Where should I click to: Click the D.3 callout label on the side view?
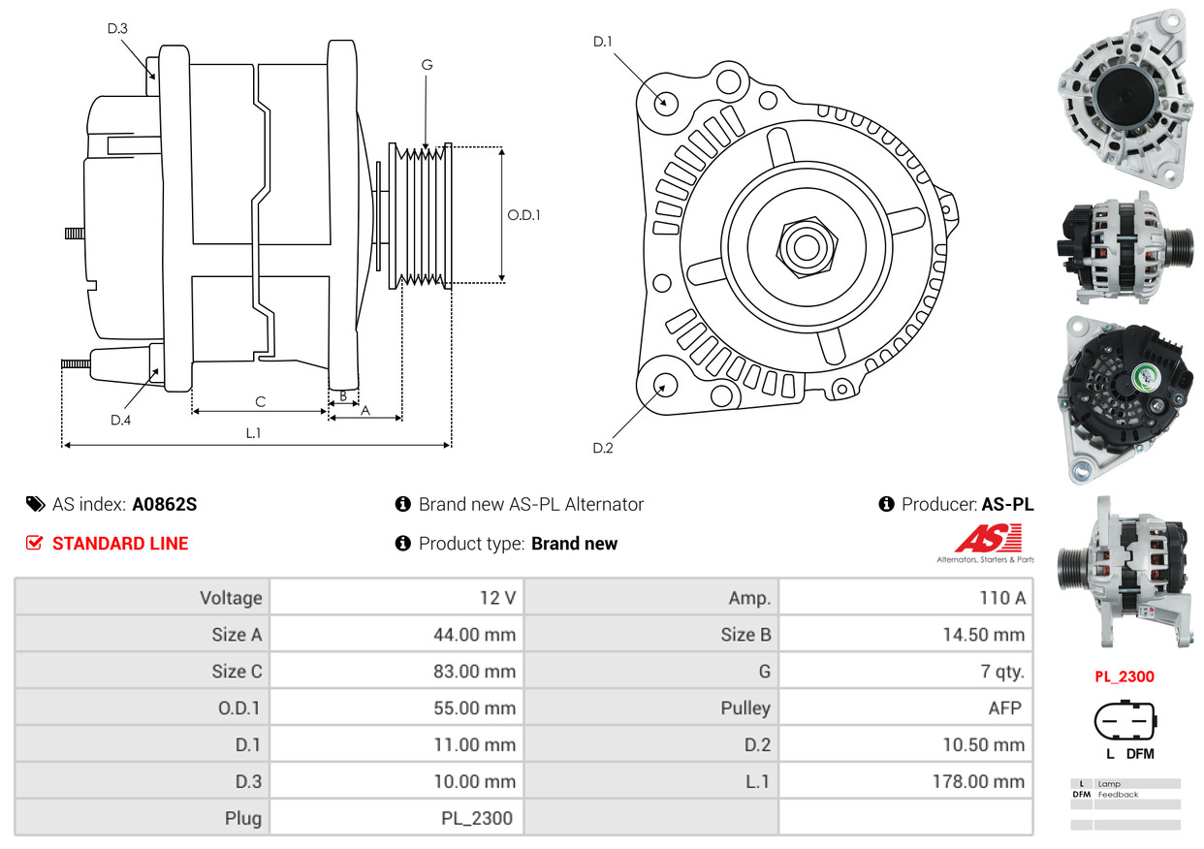117,28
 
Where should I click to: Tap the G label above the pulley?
427,65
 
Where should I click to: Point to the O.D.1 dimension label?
523,215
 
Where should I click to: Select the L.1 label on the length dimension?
253,433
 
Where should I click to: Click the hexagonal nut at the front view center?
807,248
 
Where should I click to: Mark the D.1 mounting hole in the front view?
666,103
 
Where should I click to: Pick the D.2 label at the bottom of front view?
603,448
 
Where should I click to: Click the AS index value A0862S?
165,505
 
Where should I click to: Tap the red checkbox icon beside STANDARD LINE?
34,543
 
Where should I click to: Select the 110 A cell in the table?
1002,598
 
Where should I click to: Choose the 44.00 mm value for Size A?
474,635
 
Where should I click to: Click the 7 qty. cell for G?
1002,671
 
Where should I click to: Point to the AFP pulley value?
1004,708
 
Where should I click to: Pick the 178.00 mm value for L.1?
978,782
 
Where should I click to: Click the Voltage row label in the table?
231,598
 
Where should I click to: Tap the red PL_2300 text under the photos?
1125,676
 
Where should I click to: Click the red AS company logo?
989,538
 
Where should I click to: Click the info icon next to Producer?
886,504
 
